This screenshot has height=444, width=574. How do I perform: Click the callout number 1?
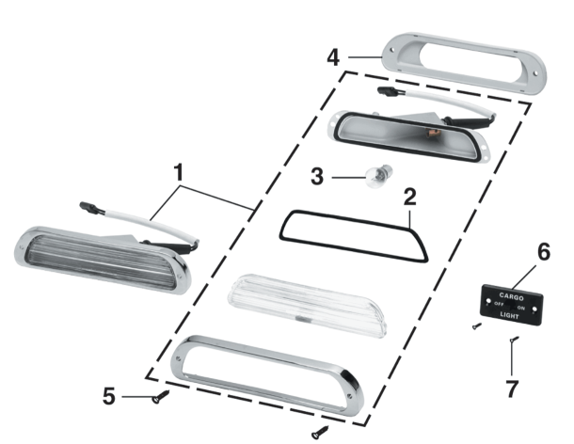[178, 172]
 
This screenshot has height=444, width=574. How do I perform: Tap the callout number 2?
[410, 197]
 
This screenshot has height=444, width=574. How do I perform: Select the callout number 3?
[317, 177]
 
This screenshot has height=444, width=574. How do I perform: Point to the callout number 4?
[333, 57]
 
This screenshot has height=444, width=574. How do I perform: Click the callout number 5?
[109, 396]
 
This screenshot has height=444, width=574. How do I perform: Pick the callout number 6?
[544, 252]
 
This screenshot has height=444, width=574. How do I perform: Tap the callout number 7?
[512, 388]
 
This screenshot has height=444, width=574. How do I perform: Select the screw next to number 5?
[160, 397]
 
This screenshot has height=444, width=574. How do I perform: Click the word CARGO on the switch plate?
[511, 297]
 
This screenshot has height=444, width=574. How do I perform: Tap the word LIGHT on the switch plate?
[509, 315]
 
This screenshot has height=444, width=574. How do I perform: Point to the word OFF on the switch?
[499, 304]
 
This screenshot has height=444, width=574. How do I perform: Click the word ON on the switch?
[521, 308]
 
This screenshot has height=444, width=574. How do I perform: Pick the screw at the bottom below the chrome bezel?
[320, 433]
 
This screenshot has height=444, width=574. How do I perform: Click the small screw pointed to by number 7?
[514, 340]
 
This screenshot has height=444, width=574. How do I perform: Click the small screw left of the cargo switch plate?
[477, 325]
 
